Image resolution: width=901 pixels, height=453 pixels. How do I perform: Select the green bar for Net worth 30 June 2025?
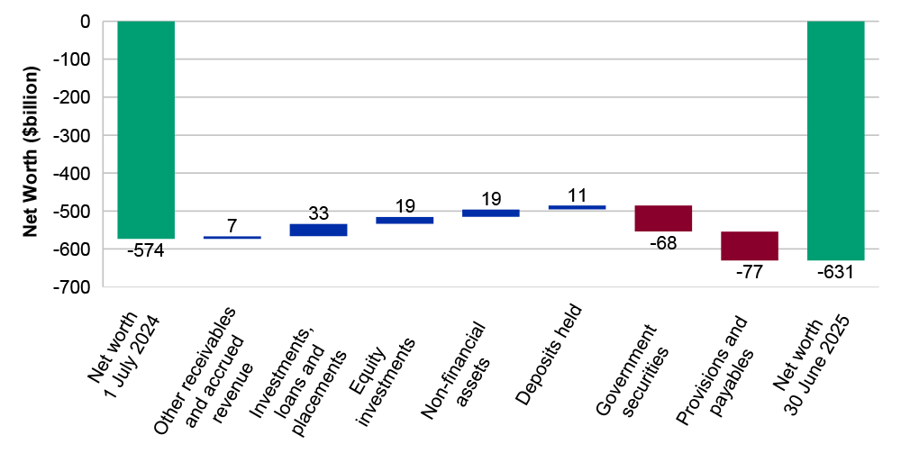pos(835,140)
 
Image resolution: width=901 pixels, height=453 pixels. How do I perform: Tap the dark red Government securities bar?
pos(663,219)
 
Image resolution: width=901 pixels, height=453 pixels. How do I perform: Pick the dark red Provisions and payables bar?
pos(750,246)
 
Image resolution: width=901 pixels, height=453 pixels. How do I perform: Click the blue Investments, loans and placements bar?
pos(318,230)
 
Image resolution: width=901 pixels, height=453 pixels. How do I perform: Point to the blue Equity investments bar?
pos(405,221)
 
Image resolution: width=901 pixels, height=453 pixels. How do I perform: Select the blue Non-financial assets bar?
pos(491,213)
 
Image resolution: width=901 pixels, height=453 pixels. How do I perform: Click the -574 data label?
pos(146,251)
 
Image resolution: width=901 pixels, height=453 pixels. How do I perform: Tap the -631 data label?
pos(835,273)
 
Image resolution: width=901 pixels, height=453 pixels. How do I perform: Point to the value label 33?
pos(318,213)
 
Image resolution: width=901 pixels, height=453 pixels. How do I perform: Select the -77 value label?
pos(750,273)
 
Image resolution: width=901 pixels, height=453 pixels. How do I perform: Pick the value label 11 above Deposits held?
pos(577,195)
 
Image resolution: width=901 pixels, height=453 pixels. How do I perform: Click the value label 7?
pos(232,226)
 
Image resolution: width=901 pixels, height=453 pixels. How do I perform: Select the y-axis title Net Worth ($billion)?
pos(31,153)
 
